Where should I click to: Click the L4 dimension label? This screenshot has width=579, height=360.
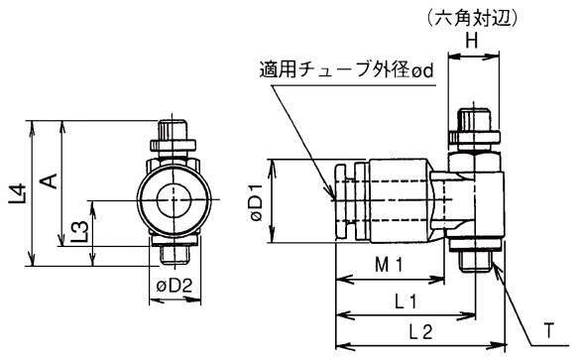[17, 194]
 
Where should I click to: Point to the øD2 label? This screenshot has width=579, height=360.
[174, 286]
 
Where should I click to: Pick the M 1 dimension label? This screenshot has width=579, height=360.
[389, 265]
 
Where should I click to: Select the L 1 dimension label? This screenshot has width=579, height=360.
[405, 301]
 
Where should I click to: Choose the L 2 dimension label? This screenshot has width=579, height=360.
[420, 332]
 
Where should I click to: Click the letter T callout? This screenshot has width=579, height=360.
[549, 330]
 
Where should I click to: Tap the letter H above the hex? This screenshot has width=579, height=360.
[471, 41]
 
